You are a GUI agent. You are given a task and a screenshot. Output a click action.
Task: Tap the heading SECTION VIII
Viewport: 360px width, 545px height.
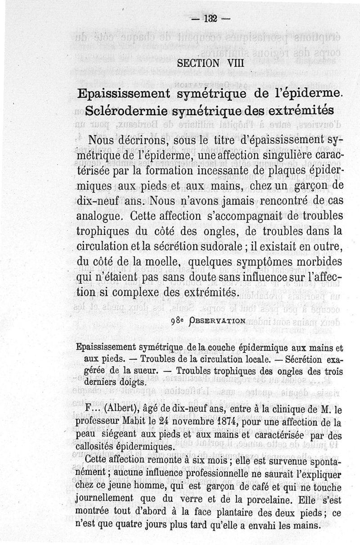pos(211,63)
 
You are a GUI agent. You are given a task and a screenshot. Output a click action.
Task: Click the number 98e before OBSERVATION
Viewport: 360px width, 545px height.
pos(178,321)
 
